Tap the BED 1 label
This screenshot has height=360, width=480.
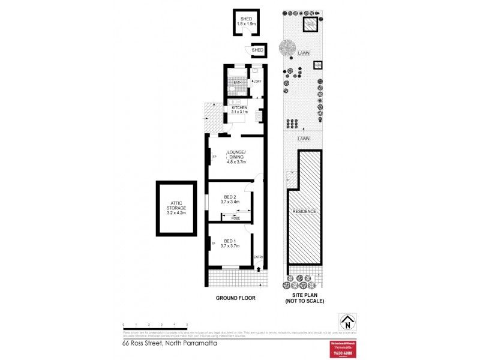coord(230,241)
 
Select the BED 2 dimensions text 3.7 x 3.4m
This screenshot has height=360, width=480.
coord(230,202)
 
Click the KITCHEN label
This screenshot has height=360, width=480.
coord(239,107)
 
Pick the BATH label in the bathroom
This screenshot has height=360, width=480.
coord(237,82)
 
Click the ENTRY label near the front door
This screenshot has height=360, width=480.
coord(259,257)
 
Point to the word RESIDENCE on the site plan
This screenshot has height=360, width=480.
coord(304,212)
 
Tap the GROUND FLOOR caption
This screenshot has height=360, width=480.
coord(236,298)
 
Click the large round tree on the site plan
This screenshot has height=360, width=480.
coord(287,47)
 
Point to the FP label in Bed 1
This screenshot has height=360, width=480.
coord(213,244)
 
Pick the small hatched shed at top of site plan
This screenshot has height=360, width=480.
coord(310,25)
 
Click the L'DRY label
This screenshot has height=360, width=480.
coord(257,82)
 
